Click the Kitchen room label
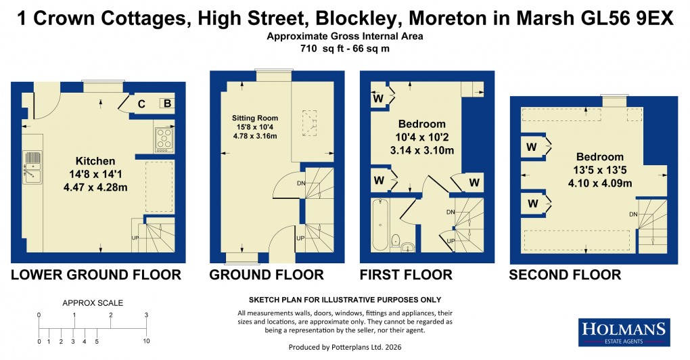95,161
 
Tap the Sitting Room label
252,116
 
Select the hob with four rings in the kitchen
165,138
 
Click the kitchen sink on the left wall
31,166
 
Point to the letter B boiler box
166,104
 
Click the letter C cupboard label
142,104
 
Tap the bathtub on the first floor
380,223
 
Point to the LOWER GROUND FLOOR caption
95,275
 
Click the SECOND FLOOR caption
565,275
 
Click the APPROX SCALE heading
93,303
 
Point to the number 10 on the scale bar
146,341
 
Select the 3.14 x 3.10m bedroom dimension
421,150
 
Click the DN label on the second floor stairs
633,215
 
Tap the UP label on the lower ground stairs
135,238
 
